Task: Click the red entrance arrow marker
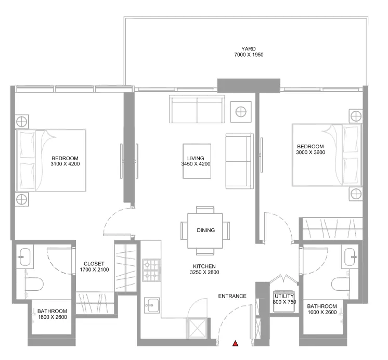pyautogui.click(x=236, y=343)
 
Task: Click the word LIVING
pyautogui.click(x=196, y=158)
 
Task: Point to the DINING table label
pyautogui.click(x=206, y=229)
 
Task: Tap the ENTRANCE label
pyautogui.click(x=232, y=296)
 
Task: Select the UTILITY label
pyautogui.click(x=284, y=296)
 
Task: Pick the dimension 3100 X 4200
pyautogui.click(x=65, y=164)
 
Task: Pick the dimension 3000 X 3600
pyautogui.click(x=310, y=152)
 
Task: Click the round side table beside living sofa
pyautogui.click(x=241, y=111)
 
